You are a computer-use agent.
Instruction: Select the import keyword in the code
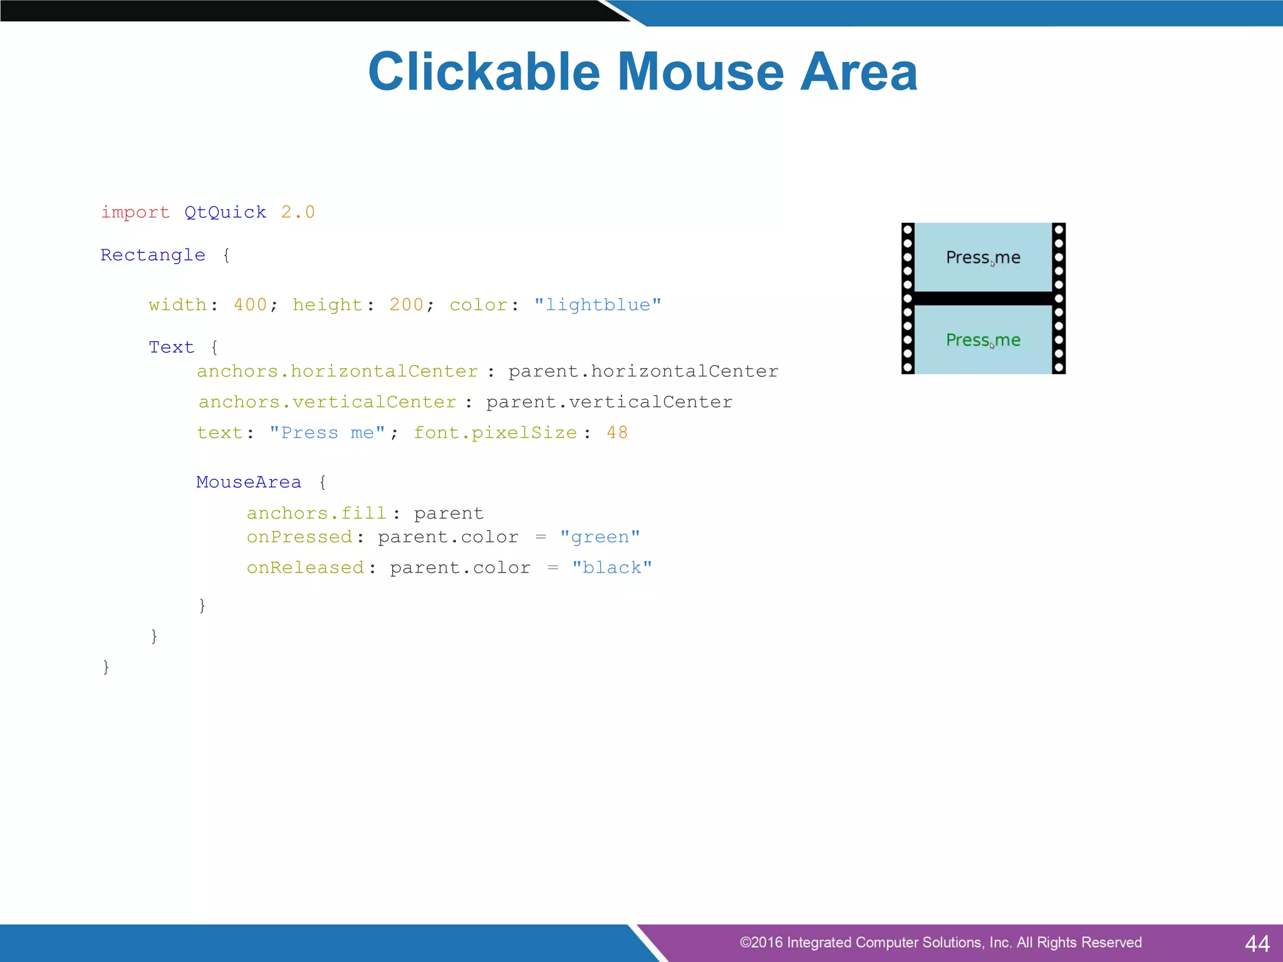click(x=135, y=212)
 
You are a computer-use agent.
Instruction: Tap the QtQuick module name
click(x=225, y=212)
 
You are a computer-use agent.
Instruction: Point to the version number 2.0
click(x=298, y=212)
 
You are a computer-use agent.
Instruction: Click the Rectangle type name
click(x=153, y=255)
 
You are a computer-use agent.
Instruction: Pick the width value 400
click(x=250, y=305)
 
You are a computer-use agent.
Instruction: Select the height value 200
click(x=406, y=305)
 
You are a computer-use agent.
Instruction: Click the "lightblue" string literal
click(x=598, y=305)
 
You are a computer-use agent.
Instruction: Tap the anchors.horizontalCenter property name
click(x=337, y=371)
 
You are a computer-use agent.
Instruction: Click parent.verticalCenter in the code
click(x=609, y=402)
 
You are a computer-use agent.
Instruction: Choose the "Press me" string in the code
click(x=327, y=433)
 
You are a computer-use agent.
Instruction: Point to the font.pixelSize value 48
click(x=617, y=433)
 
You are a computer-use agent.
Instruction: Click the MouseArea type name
click(x=248, y=482)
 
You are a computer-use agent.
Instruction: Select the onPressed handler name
click(x=299, y=537)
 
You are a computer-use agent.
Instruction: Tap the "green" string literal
click(x=600, y=537)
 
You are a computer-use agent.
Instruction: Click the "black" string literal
click(x=611, y=568)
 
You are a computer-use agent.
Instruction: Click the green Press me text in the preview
click(x=983, y=340)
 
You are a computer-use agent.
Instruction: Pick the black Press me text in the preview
click(x=983, y=257)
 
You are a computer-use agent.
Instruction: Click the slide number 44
click(x=1257, y=943)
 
